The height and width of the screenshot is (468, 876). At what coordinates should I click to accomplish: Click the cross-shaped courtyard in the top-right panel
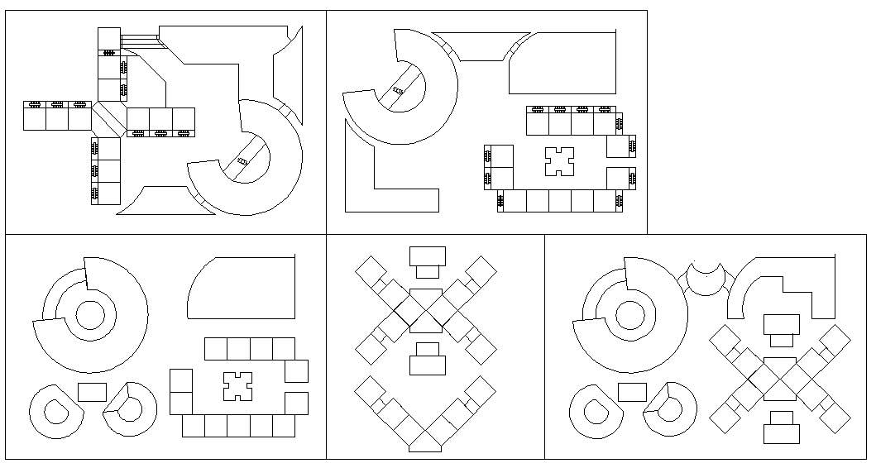coord(560,160)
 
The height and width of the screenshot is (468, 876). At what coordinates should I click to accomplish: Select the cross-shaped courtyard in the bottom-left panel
coord(237,386)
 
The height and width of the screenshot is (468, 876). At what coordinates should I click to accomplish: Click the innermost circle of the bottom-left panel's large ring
coord(90,315)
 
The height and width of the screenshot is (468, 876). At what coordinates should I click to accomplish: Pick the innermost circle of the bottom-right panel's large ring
coord(630,315)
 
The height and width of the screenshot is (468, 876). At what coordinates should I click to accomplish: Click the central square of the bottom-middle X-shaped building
coord(427,311)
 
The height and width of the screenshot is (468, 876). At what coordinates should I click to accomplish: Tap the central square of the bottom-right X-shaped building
coord(779,377)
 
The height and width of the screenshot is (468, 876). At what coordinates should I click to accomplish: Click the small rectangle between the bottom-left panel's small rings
coord(92,392)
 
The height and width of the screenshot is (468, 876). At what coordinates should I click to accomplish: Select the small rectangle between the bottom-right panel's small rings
coord(632,392)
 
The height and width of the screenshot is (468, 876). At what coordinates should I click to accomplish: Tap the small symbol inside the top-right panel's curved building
coord(399,90)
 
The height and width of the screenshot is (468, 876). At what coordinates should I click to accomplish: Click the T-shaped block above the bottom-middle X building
coord(428,260)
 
